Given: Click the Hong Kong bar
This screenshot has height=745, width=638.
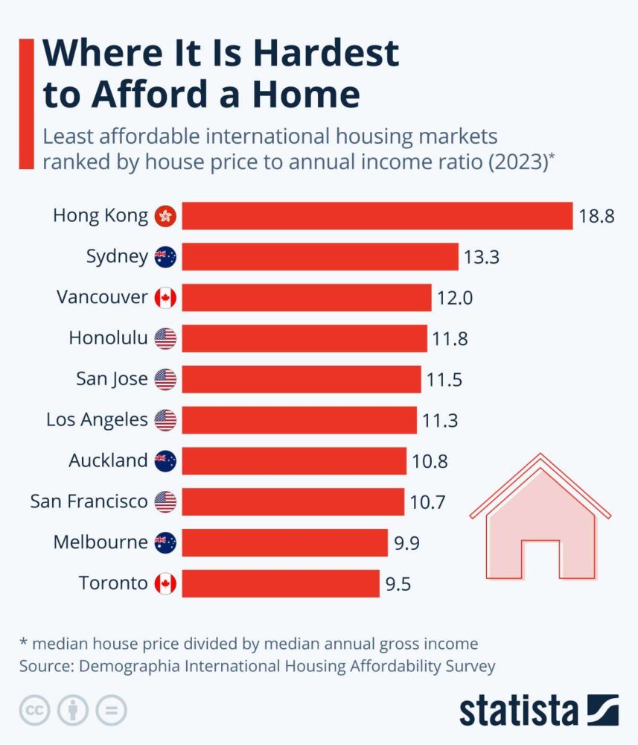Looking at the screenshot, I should point(377,216).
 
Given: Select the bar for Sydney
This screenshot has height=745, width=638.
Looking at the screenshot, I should point(320,257).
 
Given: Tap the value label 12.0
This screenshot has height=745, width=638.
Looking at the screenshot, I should point(455,298).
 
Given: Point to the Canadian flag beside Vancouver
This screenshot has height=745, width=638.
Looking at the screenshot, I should point(165,298).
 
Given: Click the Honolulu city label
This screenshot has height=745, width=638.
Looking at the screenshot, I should point(108,338).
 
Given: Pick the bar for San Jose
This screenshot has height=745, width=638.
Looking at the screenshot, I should point(301,379).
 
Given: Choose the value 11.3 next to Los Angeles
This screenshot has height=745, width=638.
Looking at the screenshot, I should point(441,420).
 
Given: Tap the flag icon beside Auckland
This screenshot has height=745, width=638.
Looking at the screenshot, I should point(165,461).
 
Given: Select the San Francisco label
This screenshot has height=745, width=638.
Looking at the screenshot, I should point(89,501).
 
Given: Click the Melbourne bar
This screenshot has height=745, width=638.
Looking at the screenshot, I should point(284,542).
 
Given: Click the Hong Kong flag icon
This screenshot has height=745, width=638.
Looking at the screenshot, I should point(165,217).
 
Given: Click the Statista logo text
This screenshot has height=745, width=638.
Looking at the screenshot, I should point(518,710).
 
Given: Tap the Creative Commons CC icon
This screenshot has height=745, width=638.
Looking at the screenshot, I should point(34,709).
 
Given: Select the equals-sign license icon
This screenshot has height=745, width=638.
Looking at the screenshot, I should point(112,709).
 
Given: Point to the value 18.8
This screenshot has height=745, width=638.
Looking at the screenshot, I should point(596,217).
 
